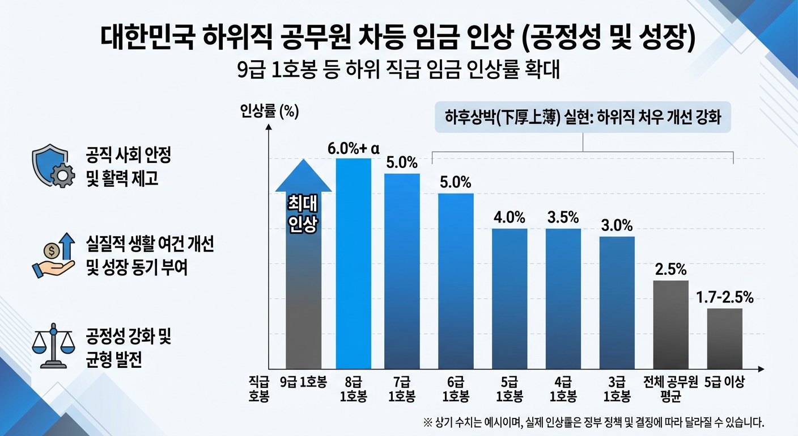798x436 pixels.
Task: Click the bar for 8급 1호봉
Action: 354,264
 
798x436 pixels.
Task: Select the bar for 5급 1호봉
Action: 509,298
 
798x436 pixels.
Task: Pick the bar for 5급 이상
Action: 724,338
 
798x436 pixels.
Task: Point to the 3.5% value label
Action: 563,217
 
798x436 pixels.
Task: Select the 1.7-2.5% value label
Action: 724,297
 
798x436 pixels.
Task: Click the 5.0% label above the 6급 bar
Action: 455,183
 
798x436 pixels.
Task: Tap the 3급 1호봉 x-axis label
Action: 617,389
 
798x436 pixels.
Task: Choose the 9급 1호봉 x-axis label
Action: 303,382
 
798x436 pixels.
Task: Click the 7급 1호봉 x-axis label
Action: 402,389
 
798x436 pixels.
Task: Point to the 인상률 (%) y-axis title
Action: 269,112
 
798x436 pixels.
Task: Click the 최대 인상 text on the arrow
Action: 303,214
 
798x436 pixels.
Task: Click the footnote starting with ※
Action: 594,422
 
